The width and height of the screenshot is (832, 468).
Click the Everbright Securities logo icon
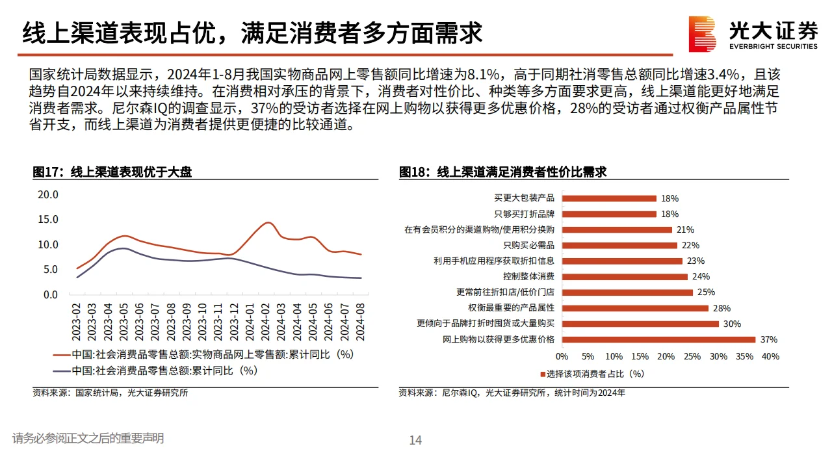[703, 34]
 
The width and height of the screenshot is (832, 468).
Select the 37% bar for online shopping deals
[658, 339]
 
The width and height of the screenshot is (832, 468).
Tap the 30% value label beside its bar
[733, 324]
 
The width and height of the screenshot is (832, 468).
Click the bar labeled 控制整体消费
[625, 276]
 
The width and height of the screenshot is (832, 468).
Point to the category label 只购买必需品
[528, 245]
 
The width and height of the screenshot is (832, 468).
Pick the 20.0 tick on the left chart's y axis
[48, 194]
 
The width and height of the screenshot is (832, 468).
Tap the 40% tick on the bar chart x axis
[770, 356]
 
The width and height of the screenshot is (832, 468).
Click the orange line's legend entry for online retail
[203, 354]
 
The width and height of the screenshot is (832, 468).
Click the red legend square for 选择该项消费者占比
[543, 374]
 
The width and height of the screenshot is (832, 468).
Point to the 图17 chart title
[112, 172]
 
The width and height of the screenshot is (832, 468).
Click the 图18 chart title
[502, 172]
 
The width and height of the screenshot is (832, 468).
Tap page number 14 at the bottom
[415, 440]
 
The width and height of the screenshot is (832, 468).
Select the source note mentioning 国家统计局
[110, 393]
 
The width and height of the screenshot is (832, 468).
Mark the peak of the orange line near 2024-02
[267, 223]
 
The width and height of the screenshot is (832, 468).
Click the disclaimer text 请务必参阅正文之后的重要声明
[88, 439]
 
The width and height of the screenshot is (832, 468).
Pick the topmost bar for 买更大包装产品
[609, 198]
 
